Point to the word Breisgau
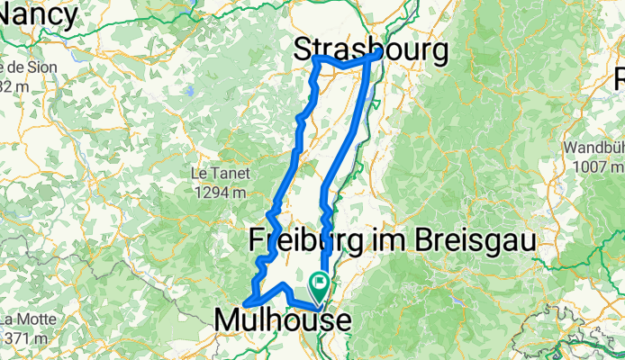point(470,240)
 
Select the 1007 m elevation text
point(593,166)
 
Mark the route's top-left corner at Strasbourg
point(315,58)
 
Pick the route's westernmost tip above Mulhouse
point(244,302)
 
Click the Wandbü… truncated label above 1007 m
point(593,148)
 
